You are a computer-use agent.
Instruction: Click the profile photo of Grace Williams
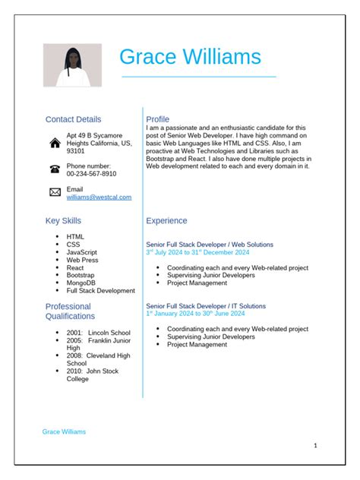pos(72,65)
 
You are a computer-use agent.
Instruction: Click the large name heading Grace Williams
pos(190,57)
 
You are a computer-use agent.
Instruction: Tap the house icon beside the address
pos(55,143)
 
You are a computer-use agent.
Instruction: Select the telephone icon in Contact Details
pos(55,169)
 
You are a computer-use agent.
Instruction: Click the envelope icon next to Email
pos(55,192)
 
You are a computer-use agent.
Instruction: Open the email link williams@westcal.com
pos(99,197)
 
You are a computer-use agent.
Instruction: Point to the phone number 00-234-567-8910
pos(91,173)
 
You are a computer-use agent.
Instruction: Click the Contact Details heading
pos(73,119)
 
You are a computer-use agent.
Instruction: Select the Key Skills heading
pos(63,221)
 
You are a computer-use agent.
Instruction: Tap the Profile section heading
pos(157,119)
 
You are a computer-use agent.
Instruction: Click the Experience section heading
pos(166,221)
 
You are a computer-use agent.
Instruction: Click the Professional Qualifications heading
pos(71,311)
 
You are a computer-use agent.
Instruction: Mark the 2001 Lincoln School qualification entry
pos(98,333)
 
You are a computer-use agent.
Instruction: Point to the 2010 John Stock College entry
pos(92,374)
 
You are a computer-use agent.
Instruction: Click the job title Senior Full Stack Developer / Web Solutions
pos(209,245)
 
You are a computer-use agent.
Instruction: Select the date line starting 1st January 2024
pos(195,313)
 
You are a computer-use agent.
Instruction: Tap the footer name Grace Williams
pos(64,431)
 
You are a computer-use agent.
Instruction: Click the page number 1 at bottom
pos(315,446)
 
